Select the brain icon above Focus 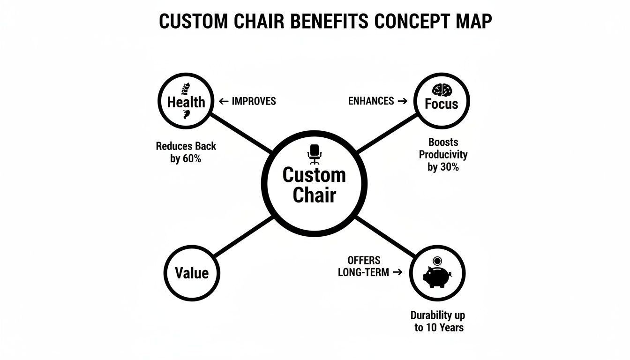tap(441, 90)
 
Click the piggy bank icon tap(437, 277)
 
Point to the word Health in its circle tap(186, 102)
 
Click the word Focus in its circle tap(441, 104)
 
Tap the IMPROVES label tap(254, 101)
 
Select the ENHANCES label tap(371, 101)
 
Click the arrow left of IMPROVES tap(223, 101)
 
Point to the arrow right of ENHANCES tap(402, 101)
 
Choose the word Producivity tap(443, 154)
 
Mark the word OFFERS tap(364, 260)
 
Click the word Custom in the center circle tap(314, 175)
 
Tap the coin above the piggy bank tap(437, 260)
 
